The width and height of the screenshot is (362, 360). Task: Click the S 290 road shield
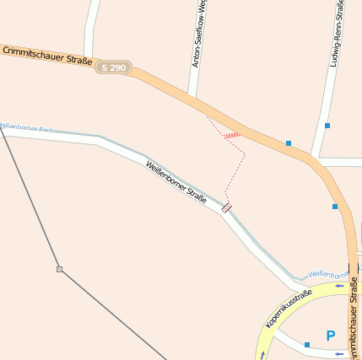(113, 67)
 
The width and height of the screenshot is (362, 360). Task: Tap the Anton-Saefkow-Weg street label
(199, 34)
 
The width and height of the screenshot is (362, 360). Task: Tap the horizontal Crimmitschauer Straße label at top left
(47, 55)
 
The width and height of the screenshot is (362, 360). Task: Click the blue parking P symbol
(330, 336)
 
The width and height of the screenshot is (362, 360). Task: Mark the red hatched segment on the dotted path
(232, 135)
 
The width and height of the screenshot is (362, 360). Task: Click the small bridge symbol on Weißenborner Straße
(226, 206)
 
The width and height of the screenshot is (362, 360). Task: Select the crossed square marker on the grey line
(60, 269)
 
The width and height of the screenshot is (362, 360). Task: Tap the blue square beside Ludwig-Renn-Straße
(327, 126)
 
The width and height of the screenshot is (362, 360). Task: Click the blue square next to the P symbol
(307, 345)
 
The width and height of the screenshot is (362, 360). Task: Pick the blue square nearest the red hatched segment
(289, 143)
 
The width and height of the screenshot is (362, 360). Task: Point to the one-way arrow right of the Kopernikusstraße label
(340, 286)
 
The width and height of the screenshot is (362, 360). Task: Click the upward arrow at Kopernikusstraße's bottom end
(262, 355)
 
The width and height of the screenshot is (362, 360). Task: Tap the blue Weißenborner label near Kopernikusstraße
(327, 274)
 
